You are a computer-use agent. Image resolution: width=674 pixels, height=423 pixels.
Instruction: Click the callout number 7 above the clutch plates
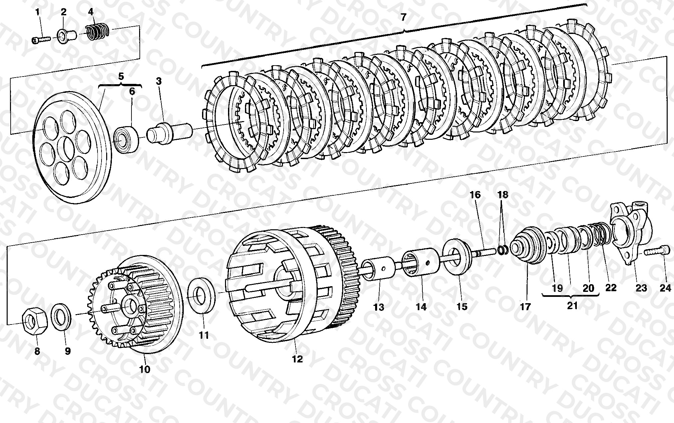[403, 17]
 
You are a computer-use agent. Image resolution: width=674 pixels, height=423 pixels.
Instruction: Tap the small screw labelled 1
[41, 40]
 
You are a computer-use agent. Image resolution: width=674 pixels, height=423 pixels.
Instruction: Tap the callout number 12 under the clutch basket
[298, 359]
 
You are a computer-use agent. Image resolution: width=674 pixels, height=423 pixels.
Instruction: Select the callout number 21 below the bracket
[572, 305]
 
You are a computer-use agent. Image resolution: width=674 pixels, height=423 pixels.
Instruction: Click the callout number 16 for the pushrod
[475, 195]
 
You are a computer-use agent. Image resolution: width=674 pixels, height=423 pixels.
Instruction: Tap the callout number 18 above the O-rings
[503, 195]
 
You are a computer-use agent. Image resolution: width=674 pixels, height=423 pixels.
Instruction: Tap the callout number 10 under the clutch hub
[145, 369]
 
